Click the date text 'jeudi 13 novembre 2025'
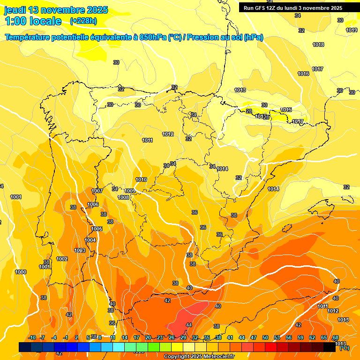point(56,10)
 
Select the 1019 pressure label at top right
point(352,30)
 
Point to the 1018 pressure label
point(318,45)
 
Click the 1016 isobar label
point(303,74)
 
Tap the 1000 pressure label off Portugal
point(21,272)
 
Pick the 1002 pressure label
point(62,259)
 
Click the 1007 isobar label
point(97,191)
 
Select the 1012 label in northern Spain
point(168,134)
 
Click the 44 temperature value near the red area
point(189,325)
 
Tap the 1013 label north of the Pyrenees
point(240,90)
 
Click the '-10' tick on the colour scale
point(32,337)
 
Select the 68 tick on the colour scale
point(336,337)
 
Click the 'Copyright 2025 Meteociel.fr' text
point(199,357)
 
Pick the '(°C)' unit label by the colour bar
point(344,348)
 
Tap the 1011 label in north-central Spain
point(147,140)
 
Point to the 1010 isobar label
point(141,180)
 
